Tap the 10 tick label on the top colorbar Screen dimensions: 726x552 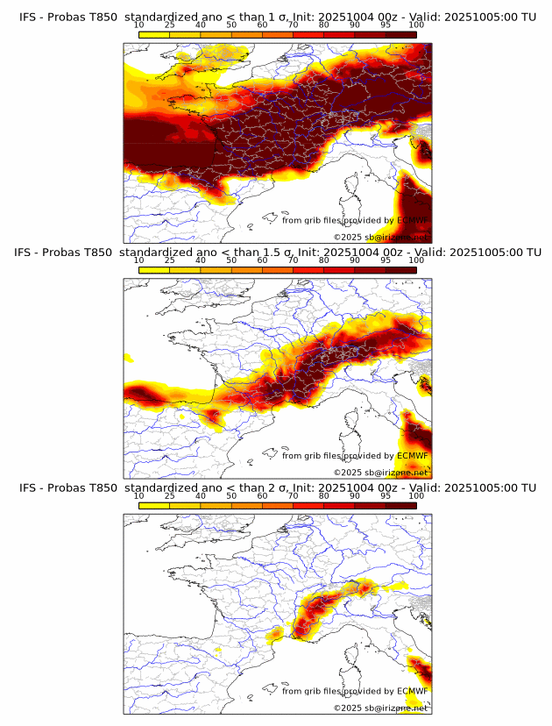pos(139,25)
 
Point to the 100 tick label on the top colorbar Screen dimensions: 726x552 pos(416,25)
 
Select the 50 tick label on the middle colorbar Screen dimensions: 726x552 pos(231,260)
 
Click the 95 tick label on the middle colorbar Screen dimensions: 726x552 pos(386,260)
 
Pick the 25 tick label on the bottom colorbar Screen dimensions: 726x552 pos(170,496)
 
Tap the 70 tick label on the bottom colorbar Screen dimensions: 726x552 pos(293,496)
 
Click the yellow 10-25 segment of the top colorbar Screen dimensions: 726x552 pos(154,34)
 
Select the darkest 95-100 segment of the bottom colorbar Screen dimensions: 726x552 pos(401,506)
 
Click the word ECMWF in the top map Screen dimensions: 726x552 pos(413,221)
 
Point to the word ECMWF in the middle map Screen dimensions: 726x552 pos(413,456)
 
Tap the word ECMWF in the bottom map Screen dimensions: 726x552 pos(413,691)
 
